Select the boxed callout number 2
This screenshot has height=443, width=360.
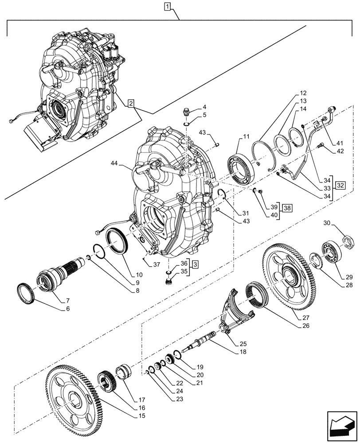130,104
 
